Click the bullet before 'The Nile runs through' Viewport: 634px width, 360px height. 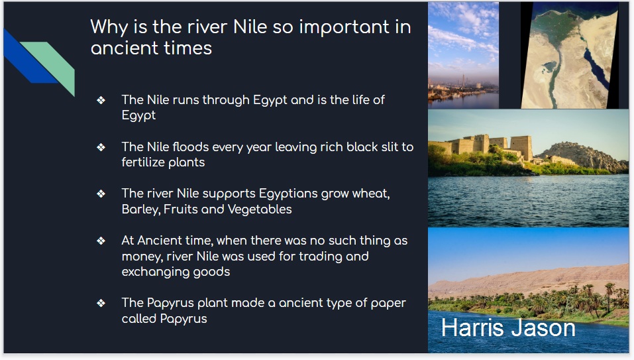(x=101, y=100)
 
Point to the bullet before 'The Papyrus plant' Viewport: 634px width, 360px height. (x=101, y=303)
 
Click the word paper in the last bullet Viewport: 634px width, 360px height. (x=388, y=304)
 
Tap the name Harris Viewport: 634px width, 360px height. (x=471, y=328)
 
